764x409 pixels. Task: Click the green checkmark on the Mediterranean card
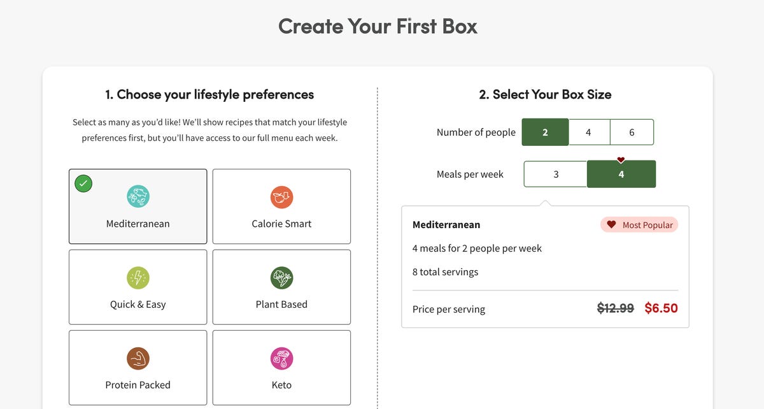point(83,183)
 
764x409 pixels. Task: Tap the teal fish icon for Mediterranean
point(138,196)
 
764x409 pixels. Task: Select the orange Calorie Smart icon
point(281,197)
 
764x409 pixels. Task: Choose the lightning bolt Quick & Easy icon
point(138,278)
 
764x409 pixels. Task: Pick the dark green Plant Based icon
point(281,278)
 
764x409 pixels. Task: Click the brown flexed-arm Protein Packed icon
point(138,359)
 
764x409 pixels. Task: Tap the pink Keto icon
point(281,359)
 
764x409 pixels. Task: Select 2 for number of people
point(545,132)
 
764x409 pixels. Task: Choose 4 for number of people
point(589,132)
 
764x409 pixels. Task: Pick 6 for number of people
point(632,132)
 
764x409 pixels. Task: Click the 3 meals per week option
point(556,174)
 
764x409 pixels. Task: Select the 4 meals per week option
point(621,174)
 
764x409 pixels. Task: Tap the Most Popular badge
point(639,225)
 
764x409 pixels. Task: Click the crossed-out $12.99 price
point(615,308)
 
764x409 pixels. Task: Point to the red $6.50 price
point(661,308)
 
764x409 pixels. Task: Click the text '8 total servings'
point(445,272)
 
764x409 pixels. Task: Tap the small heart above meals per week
point(621,159)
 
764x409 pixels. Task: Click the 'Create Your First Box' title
point(378,26)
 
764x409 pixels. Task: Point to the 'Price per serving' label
point(448,310)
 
